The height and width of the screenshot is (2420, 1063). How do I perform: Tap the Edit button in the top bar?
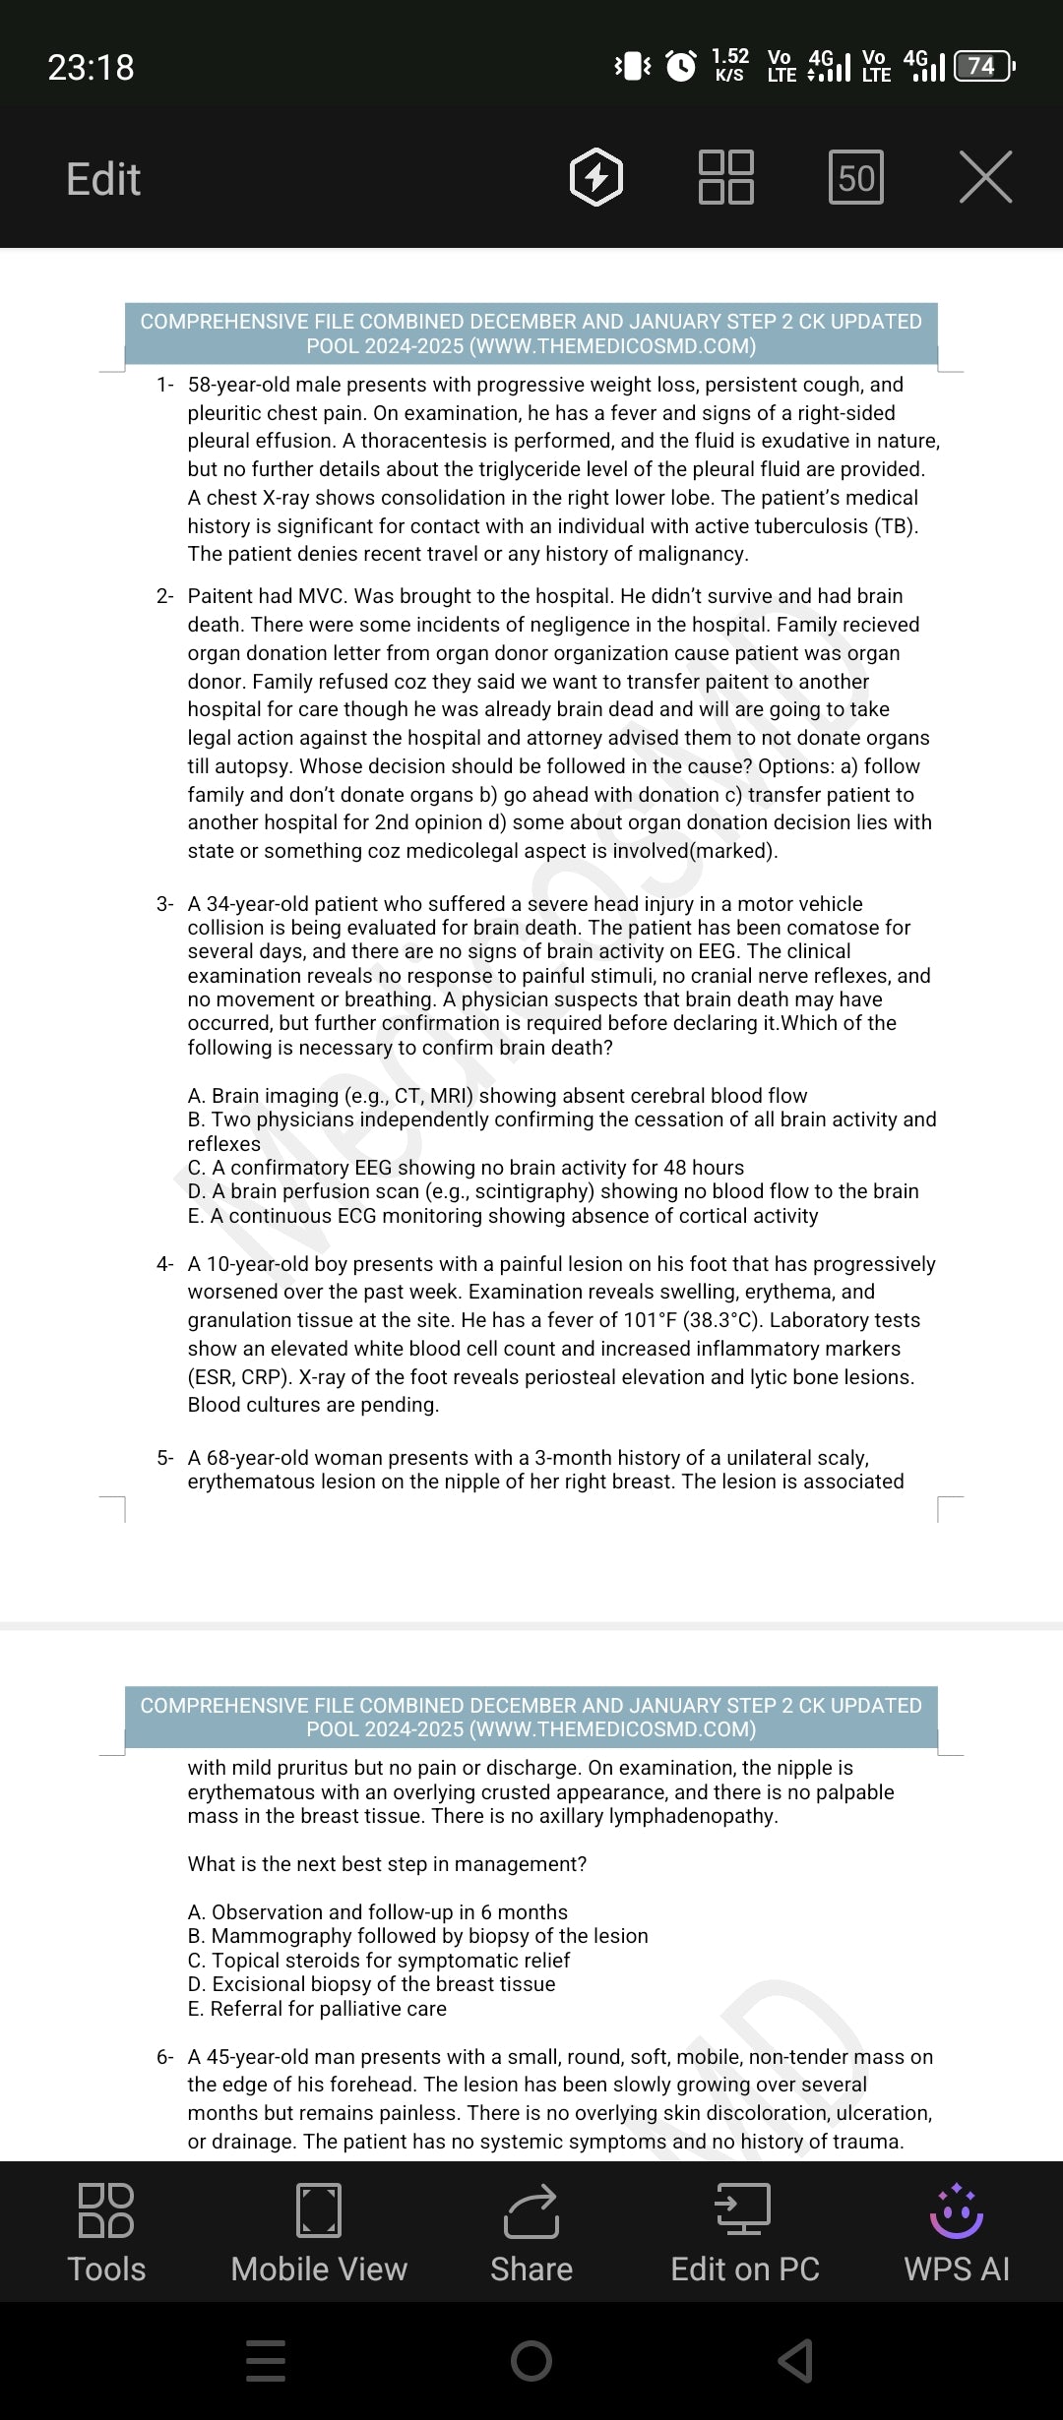click(103, 179)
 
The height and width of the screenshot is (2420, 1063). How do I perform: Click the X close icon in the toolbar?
click(985, 178)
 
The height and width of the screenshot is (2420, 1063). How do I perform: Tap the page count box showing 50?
click(855, 178)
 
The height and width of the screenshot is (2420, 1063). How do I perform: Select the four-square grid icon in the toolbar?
click(726, 177)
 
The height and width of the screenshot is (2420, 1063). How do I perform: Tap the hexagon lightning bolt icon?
click(596, 178)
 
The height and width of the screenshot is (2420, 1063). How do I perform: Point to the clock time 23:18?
click(91, 67)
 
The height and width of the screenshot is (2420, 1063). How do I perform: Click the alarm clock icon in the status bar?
click(681, 66)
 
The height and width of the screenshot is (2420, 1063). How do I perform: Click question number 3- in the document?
click(164, 904)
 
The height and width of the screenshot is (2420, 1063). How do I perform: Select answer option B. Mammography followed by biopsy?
click(418, 1936)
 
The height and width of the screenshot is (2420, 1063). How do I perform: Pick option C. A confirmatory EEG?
click(466, 1168)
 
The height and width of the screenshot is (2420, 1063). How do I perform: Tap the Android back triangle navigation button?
click(796, 2360)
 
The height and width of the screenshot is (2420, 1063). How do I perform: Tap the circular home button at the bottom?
click(531, 2360)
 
